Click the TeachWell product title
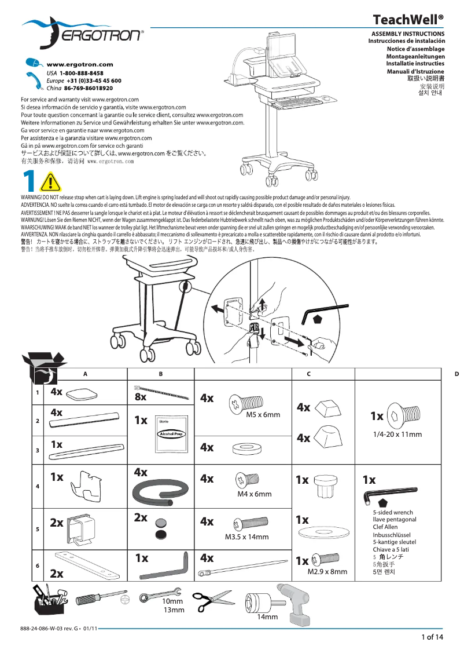[409, 20]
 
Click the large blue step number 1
[28, 183]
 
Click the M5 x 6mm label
[263, 415]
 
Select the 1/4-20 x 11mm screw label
[396, 435]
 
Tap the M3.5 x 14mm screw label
[246, 537]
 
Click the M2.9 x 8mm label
[327, 571]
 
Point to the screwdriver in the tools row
[102, 598]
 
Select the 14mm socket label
[267, 617]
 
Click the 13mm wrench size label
[173, 610]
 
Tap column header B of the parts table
[161, 374]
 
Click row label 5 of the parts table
[38, 529]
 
